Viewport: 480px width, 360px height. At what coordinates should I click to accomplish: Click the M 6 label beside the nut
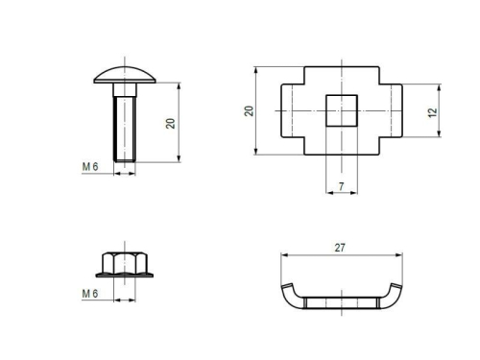[90, 293]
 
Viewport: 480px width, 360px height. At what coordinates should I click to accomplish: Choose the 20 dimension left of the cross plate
[249, 110]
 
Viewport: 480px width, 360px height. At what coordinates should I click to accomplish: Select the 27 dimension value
[340, 247]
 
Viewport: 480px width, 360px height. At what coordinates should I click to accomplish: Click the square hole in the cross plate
[340, 110]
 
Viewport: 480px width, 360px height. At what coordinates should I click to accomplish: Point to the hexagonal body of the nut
[124, 261]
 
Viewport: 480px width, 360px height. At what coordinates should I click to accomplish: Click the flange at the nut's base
[124, 275]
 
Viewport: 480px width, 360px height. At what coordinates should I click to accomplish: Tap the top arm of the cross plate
[340, 76]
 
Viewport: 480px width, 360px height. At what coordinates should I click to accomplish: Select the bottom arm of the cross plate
[340, 145]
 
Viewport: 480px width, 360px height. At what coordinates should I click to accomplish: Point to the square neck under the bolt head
[124, 89]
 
